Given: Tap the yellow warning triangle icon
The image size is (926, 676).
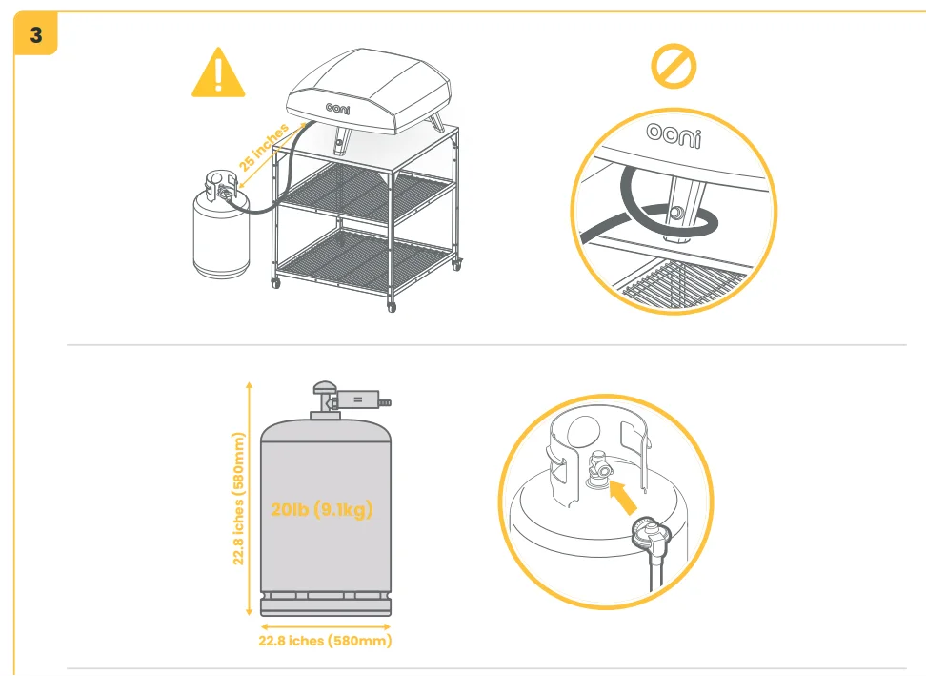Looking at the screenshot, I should coord(218,74).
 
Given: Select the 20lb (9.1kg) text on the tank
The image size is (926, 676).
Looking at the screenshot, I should coord(321,510).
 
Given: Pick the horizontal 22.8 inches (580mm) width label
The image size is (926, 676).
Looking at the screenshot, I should coord(325,641).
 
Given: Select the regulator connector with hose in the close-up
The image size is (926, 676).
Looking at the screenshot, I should coord(647,534).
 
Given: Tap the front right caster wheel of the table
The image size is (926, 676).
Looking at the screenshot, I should coord(391,305).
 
